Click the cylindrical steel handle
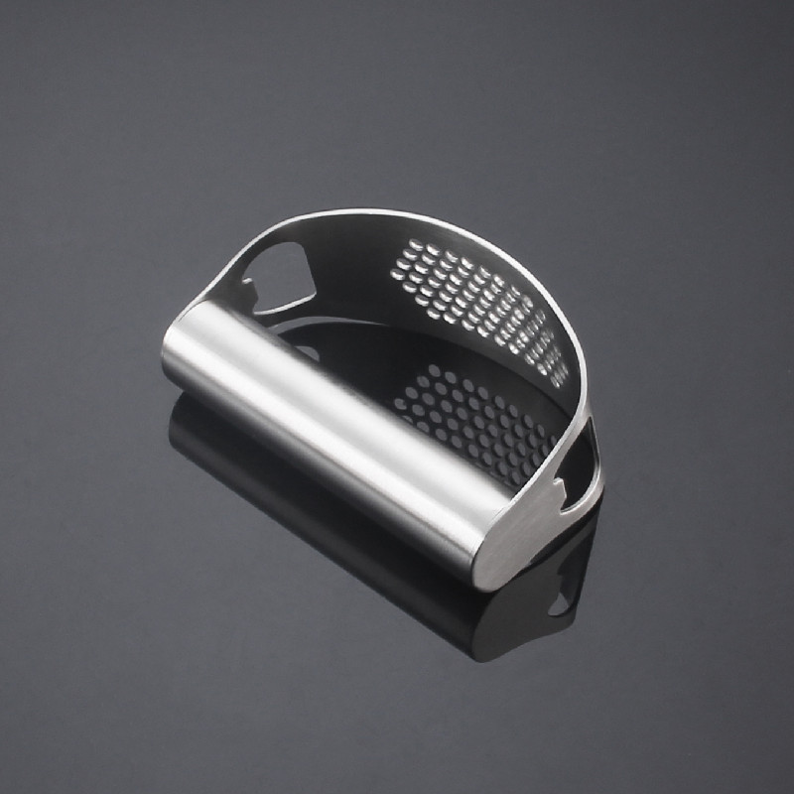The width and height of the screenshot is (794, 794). [328, 417]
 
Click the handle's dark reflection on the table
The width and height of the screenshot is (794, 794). [298, 496]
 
